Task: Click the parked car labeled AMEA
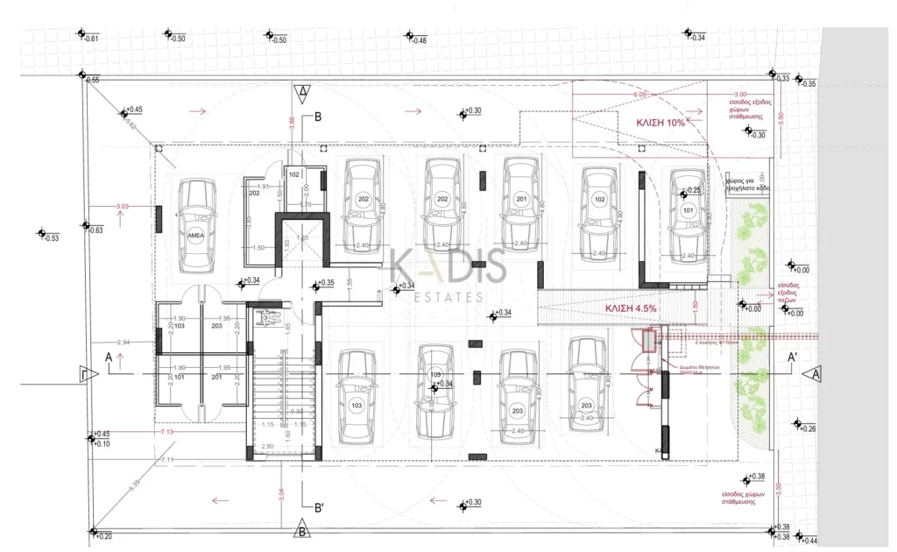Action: tap(197, 226)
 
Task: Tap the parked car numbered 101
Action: tap(687, 213)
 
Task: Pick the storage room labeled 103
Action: tap(179, 325)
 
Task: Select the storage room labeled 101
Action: tap(179, 378)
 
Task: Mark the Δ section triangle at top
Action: tap(302, 90)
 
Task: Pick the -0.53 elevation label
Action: tap(51, 238)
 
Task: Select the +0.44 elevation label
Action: tap(807, 540)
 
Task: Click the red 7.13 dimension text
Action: tap(166, 432)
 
